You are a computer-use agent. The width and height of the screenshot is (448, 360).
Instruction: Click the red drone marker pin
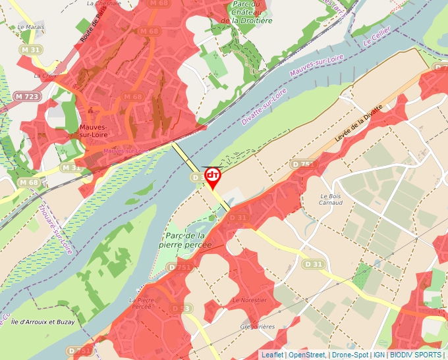[212, 177]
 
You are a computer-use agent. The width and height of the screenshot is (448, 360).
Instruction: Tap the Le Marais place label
[30, 28]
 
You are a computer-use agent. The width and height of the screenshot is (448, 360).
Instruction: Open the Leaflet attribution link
[272, 355]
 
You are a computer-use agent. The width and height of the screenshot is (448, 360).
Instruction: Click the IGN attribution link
[379, 355]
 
